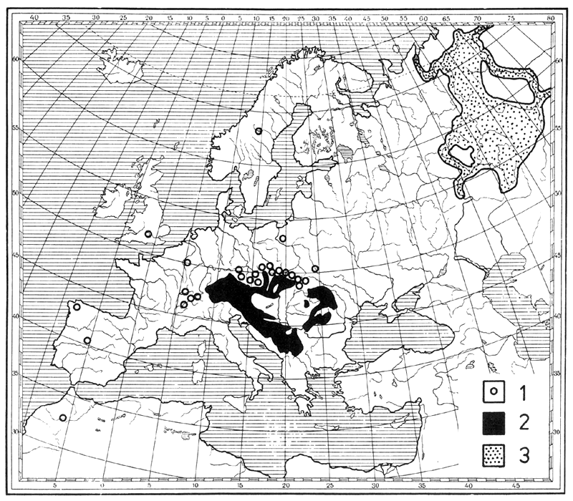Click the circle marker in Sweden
259,131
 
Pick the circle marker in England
148,234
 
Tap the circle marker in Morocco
63,418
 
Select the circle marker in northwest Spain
77,307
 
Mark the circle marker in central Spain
87,340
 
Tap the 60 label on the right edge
559,62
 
